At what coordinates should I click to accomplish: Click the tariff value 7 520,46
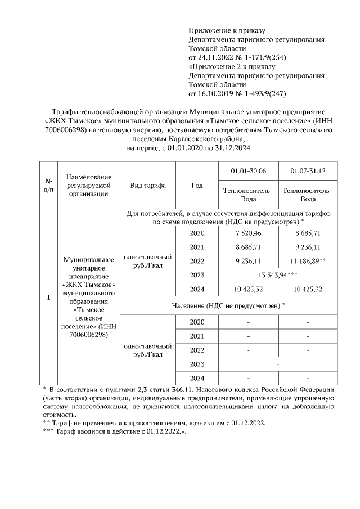pos(249,233)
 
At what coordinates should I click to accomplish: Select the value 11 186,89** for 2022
pos(308,262)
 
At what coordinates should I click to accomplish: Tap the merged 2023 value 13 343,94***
pos(278,275)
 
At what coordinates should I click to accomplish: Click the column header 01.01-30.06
pos(249,170)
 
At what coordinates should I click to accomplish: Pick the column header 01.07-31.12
pos(308,170)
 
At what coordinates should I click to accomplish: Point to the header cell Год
pos(197,186)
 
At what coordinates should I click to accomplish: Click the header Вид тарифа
pos(147,186)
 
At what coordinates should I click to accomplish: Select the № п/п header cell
pos(48,186)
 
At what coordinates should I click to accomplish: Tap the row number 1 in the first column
pos(48,297)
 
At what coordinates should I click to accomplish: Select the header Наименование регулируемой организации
pos(88,186)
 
